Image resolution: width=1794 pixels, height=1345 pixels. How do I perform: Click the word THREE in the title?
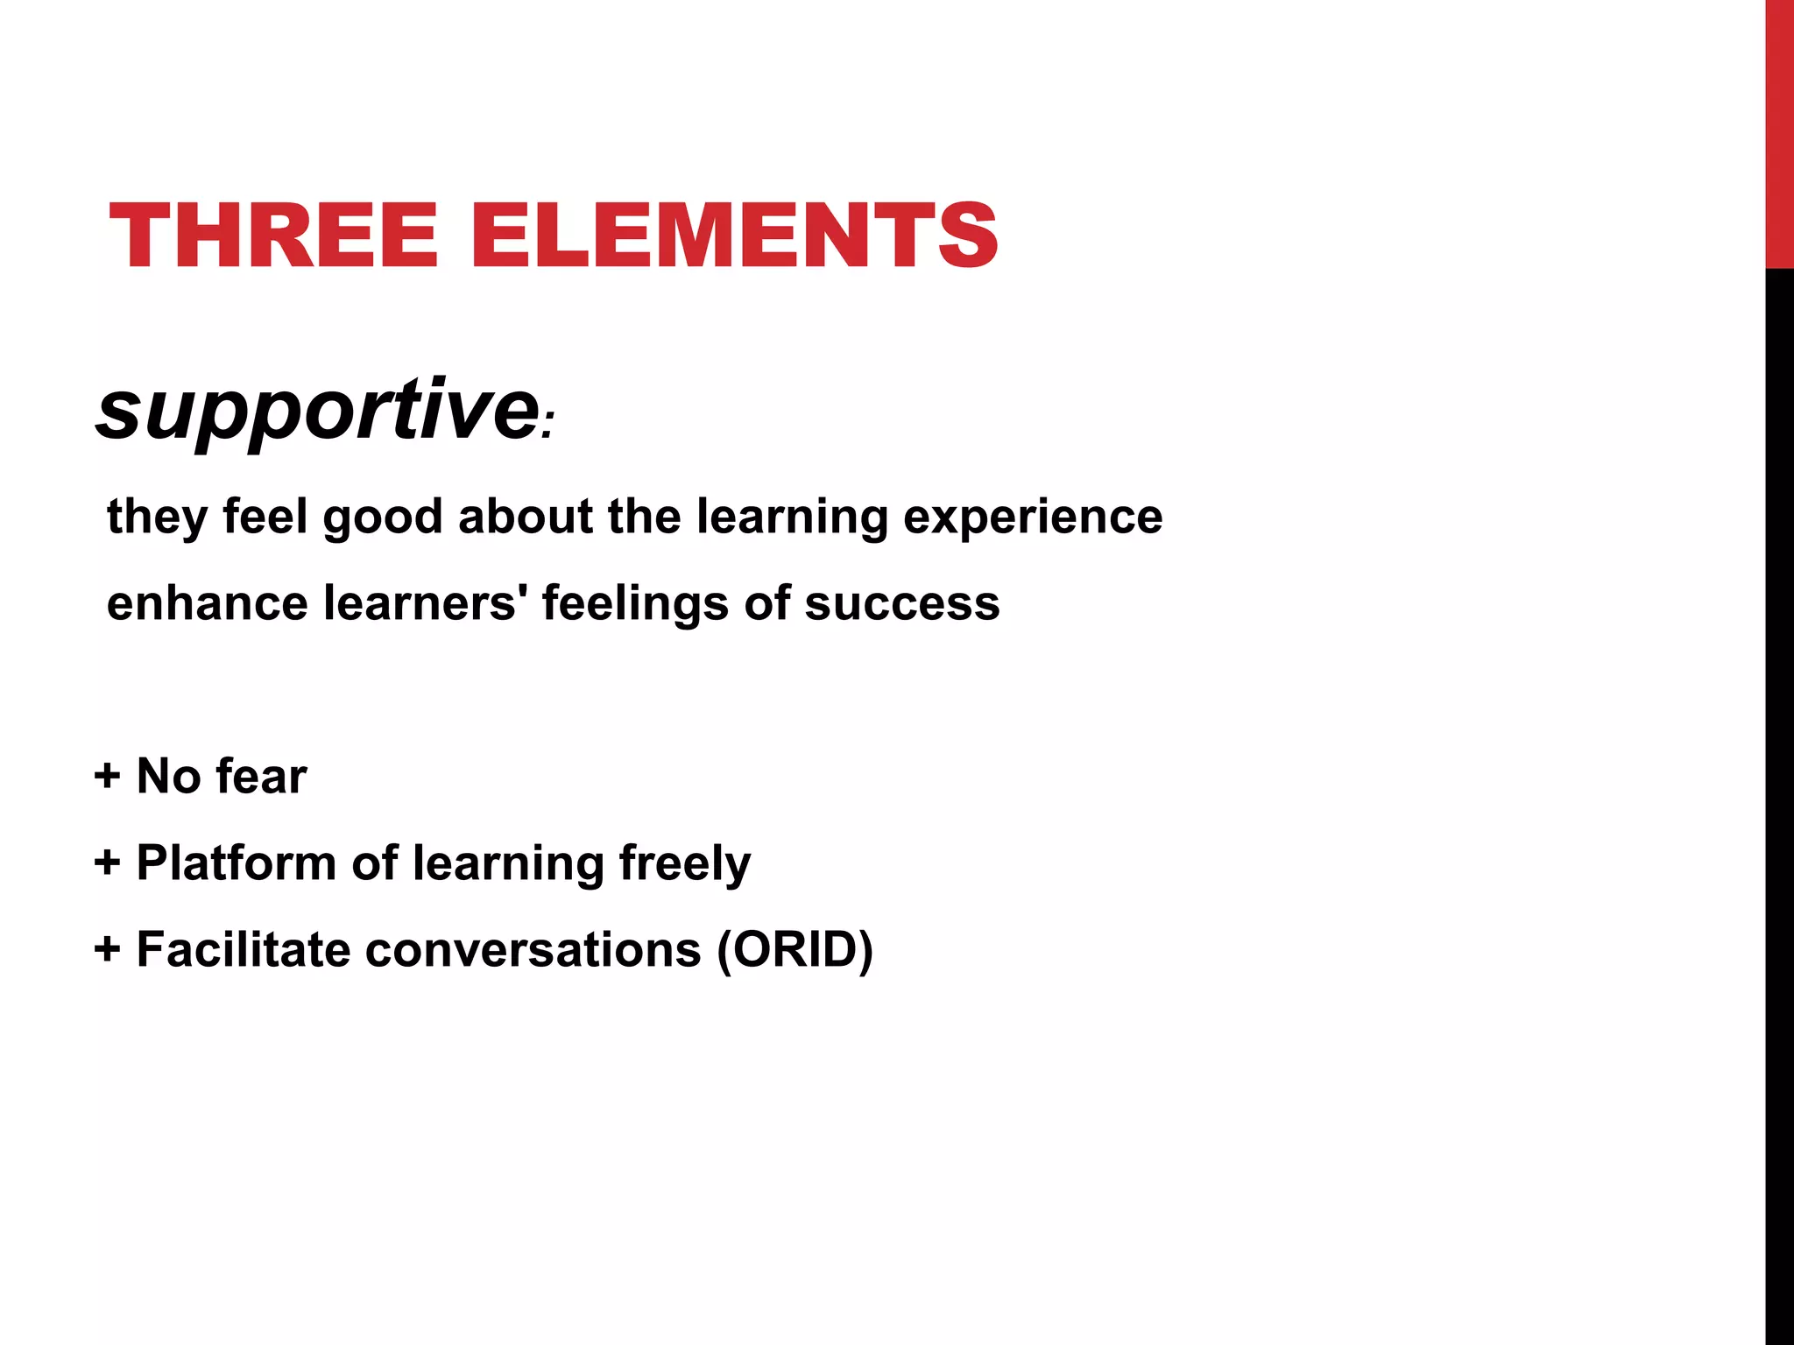click(272, 235)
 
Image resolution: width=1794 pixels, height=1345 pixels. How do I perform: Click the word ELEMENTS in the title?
click(734, 235)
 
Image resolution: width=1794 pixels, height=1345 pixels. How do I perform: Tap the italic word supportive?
click(317, 410)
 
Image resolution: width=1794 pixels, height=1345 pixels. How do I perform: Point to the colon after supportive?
click(547, 429)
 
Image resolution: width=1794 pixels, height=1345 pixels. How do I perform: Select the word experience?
click(1033, 517)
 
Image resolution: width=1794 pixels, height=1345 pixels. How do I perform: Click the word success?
click(902, 603)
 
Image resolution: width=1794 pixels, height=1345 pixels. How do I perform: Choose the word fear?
click(262, 776)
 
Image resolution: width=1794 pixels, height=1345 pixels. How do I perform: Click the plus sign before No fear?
click(107, 776)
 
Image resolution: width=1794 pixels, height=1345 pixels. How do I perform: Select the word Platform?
click(237, 863)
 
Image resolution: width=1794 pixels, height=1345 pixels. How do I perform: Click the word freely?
click(685, 864)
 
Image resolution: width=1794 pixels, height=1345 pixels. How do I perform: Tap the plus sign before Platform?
click(107, 863)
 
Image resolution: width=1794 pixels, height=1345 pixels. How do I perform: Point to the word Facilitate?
click(244, 949)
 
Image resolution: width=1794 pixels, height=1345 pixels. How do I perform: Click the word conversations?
click(533, 949)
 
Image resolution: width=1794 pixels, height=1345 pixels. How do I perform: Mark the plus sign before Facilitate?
click(107, 949)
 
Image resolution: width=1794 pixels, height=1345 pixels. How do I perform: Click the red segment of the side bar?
click(1779, 131)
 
